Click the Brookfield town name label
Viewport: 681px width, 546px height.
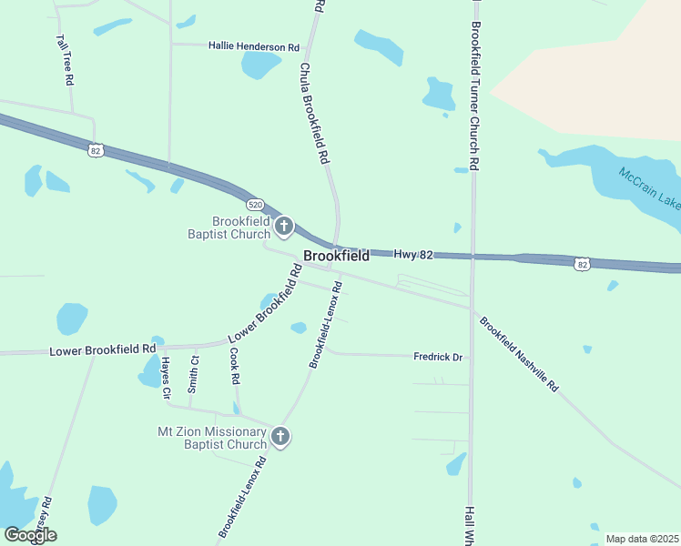click(336, 256)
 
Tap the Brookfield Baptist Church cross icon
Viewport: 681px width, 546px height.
click(284, 226)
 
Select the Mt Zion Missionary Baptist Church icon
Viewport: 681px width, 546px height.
click(280, 437)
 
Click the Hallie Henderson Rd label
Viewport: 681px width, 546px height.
click(253, 46)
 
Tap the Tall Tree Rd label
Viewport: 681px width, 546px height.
click(65, 61)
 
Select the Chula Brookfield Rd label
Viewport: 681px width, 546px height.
click(313, 113)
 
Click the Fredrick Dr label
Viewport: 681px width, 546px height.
click(439, 357)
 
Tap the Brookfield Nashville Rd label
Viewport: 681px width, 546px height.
click(518, 354)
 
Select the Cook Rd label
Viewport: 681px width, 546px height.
click(234, 365)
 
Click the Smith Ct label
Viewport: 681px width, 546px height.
click(194, 373)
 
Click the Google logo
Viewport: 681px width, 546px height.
click(30, 535)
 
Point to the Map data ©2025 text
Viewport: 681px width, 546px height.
click(641, 539)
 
